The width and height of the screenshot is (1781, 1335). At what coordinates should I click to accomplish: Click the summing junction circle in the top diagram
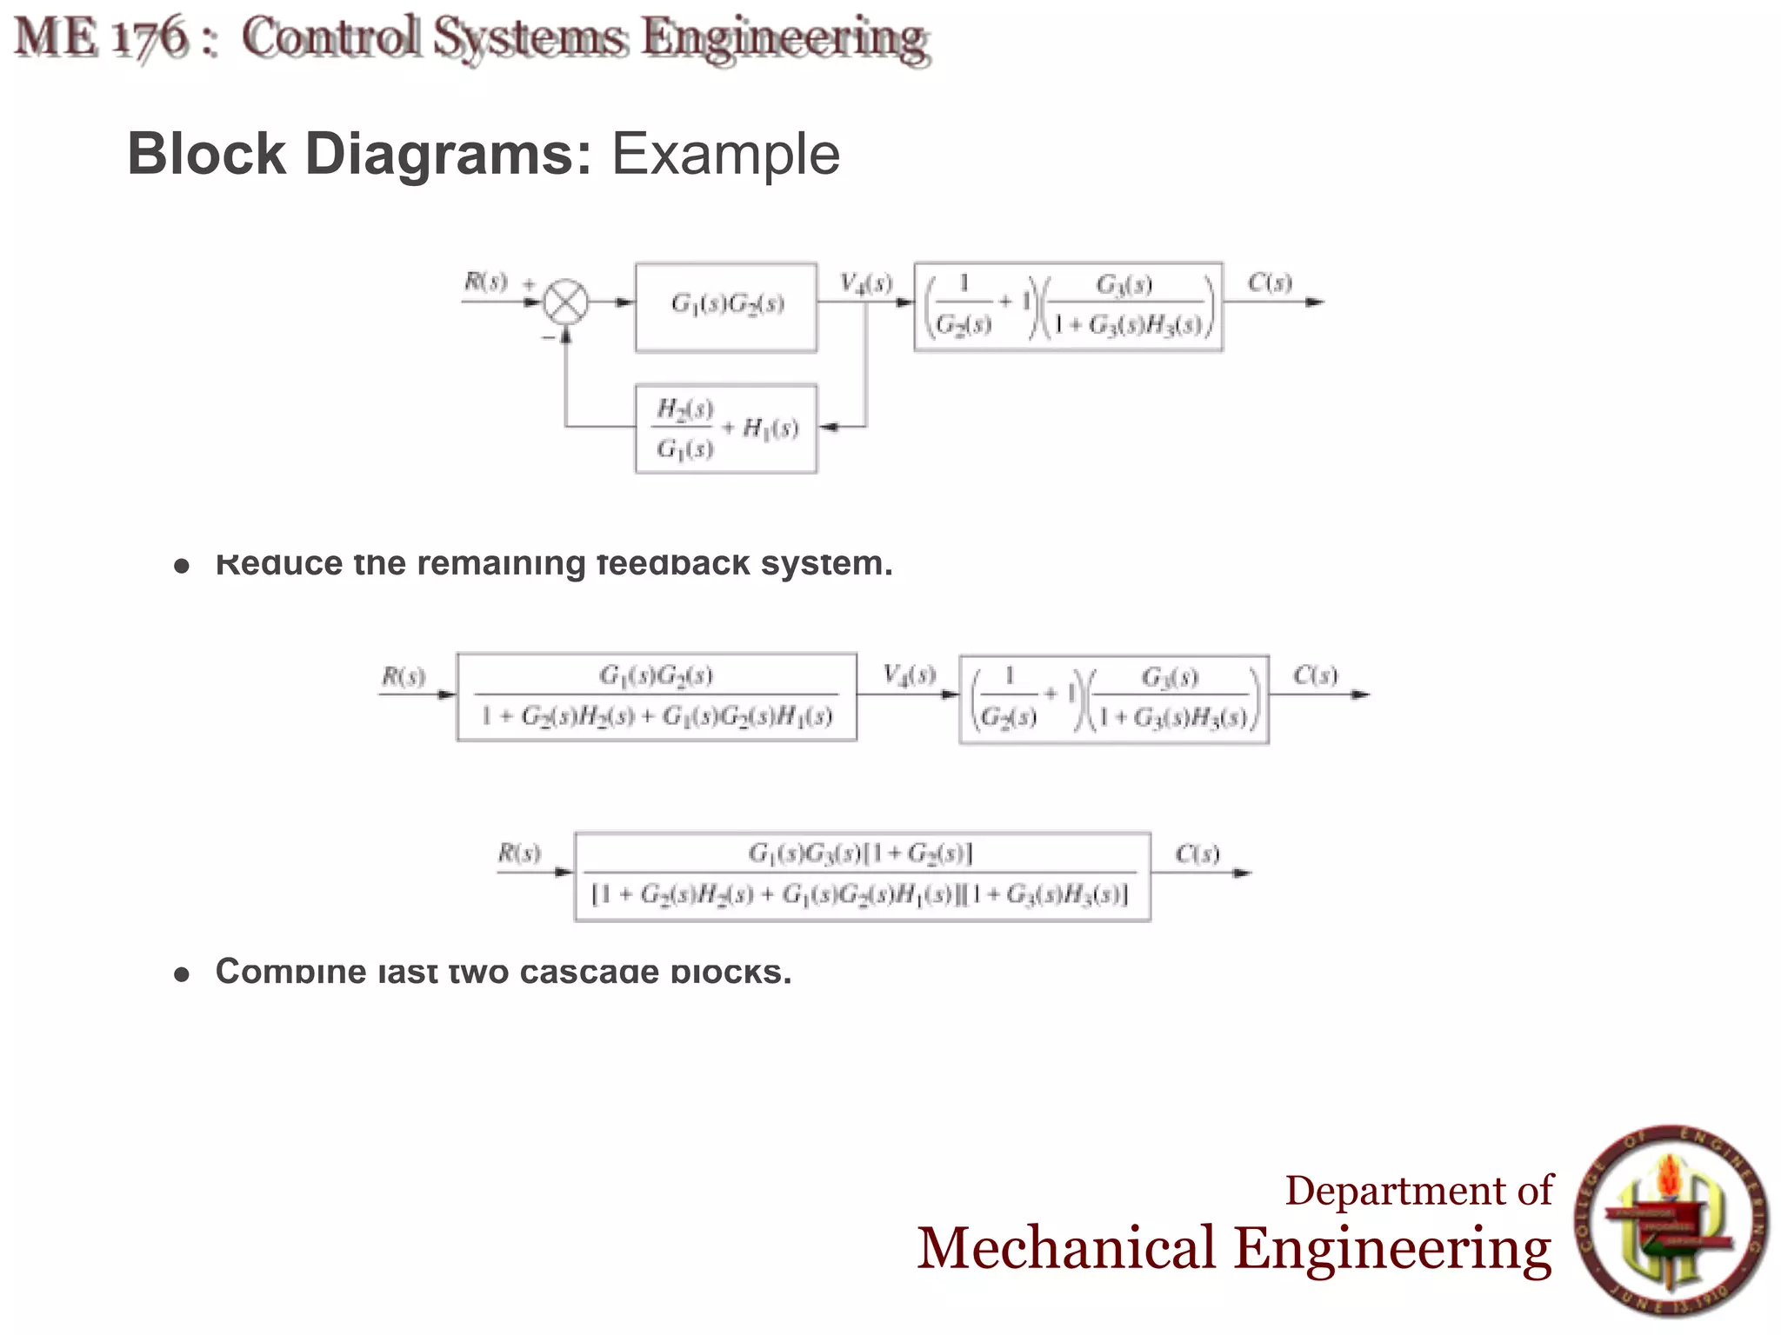(566, 302)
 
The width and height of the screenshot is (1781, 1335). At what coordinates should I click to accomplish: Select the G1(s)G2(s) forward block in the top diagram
(726, 307)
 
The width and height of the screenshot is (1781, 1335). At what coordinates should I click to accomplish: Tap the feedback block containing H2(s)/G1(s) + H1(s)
(726, 428)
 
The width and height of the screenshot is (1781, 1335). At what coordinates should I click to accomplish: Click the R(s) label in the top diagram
(485, 282)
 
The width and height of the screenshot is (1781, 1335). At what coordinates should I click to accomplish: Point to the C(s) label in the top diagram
(1270, 282)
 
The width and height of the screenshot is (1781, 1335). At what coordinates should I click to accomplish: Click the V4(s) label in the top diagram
(865, 283)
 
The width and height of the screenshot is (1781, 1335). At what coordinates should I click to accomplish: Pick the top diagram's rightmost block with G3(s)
(1068, 307)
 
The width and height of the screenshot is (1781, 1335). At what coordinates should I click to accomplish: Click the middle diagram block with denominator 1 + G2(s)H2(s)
(657, 697)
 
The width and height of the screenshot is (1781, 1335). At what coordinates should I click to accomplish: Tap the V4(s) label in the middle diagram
(909, 675)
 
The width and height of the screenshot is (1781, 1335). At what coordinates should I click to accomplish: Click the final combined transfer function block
(862, 876)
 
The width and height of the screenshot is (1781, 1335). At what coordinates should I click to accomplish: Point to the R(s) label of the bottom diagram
(518, 853)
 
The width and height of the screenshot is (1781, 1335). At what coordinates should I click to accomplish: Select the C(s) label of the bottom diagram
(1197, 854)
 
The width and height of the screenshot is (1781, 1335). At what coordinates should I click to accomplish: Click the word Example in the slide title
(725, 155)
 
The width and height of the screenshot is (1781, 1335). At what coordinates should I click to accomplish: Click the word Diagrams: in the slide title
(448, 155)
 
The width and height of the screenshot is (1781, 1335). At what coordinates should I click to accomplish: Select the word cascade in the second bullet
(589, 972)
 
